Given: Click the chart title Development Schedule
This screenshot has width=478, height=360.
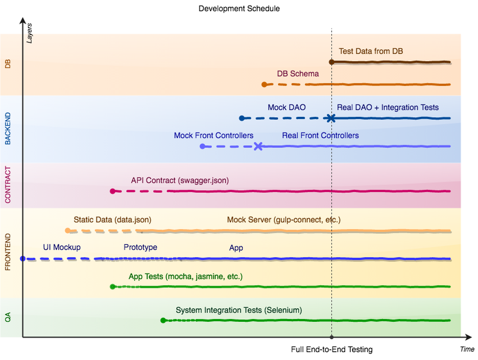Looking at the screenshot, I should coord(239,9).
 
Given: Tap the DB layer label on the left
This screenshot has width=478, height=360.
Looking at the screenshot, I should coord(8,64).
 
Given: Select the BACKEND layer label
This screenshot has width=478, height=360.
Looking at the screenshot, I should coord(8,129).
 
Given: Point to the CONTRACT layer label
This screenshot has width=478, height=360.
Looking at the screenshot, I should coord(8,185).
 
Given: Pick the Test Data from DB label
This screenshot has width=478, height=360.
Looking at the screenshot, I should coord(371,51).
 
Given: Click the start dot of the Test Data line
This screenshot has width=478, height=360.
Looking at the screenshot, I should coord(332,62).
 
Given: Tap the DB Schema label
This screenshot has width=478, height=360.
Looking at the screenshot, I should coord(298,74).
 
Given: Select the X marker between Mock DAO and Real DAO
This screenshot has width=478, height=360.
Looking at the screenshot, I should coord(331,118).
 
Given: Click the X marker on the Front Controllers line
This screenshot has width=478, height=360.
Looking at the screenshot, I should coord(258,146).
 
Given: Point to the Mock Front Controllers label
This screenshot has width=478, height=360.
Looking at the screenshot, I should coord(213,135).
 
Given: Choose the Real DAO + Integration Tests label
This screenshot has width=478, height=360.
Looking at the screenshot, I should coord(388,107).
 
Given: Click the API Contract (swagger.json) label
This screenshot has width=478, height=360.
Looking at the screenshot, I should coord(180,180).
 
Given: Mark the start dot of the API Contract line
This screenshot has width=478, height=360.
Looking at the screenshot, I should coord(113,191).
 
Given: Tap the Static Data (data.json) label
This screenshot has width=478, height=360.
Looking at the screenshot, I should coord(113,220).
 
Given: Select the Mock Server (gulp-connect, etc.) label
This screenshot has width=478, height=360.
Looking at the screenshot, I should coord(284,220).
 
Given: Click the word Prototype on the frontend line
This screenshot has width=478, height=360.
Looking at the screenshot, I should coord(140,248).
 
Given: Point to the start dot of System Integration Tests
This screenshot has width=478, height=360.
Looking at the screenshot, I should coord(163,320).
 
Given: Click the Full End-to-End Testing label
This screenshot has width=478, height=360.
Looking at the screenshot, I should coord(332,349).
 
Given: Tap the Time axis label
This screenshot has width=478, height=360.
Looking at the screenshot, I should coord(467,349).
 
